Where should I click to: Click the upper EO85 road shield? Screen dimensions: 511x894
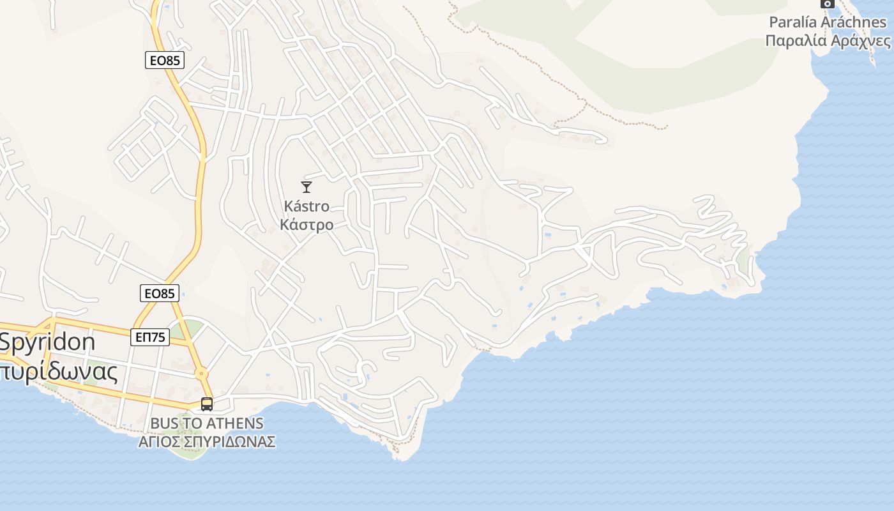point(165,60)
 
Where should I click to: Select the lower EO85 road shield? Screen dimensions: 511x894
point(160,293)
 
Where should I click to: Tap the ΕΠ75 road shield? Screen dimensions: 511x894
point(151,337)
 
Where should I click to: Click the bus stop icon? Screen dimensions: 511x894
point(207,404)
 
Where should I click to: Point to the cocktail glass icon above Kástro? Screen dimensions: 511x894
point(307,187)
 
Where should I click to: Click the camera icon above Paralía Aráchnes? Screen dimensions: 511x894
point(828,3)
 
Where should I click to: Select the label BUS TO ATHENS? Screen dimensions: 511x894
point(207,423)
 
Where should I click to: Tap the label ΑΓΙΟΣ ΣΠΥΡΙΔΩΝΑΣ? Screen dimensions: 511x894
point(207,441)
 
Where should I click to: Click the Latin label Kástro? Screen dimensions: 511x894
point(307,206)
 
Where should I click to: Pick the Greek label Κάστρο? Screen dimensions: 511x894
point(307,225)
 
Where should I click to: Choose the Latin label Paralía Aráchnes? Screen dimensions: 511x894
point(828,22)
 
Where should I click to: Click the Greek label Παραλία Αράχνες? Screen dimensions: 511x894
point(828,41)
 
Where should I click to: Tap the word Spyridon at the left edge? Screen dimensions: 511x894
point(48,342)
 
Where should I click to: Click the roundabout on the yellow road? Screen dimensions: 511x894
point(201,374)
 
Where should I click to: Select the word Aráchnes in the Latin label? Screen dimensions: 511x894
point(857,22)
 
